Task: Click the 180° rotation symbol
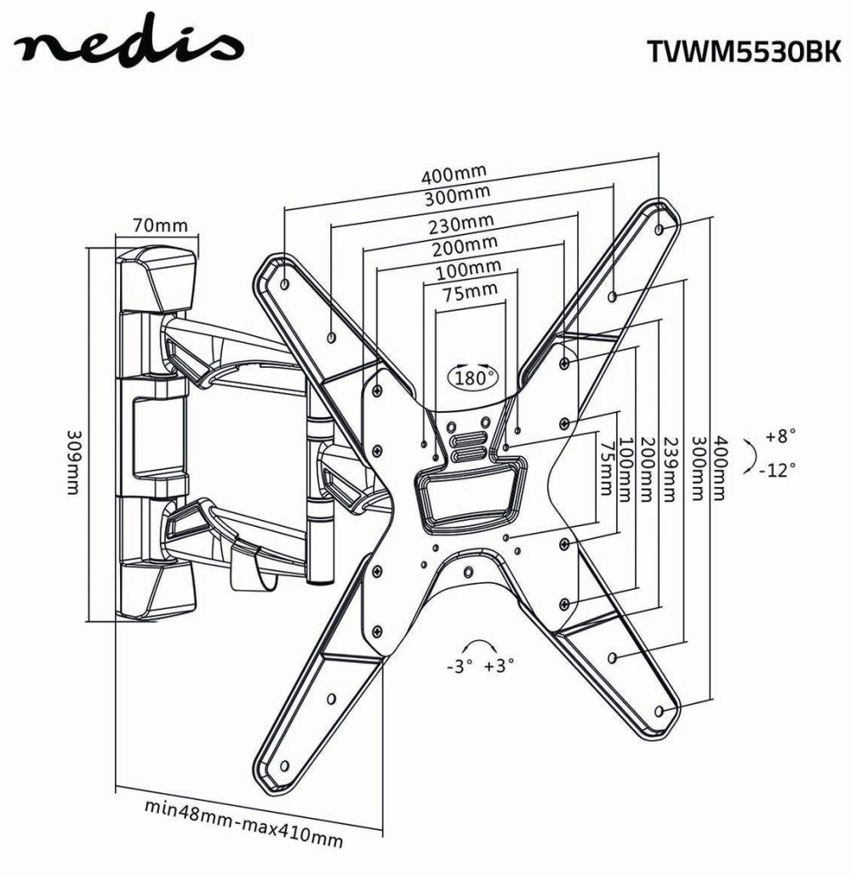pyautogui.click(x=472, y=375)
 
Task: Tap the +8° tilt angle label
pyautogui.click(x=780, y=436)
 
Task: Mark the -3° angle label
pyautogui.click(x=459, y=666)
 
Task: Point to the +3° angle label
pyautogui.click(x=500, y=666)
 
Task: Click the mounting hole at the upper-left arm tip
pyautogui.click(x=284, y=281)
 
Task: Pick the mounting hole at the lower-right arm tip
pyautogui.click(x=661, y=709)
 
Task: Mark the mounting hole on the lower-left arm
pyautogui.click(x=330, y=700)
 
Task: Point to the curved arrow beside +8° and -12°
pyautogui.click(x=748, y=454)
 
